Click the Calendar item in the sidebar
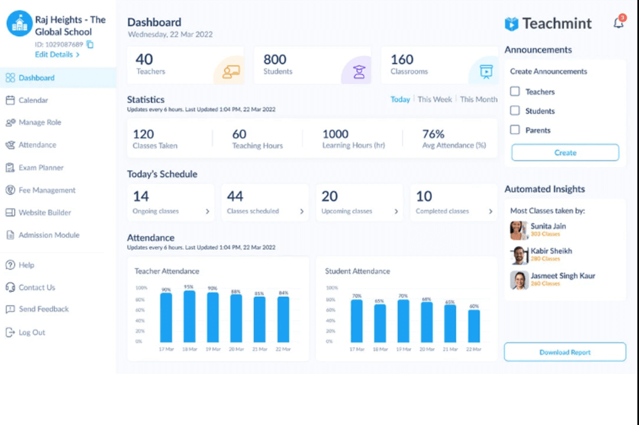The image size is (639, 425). click(33, 101)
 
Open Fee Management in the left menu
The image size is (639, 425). click(47, 191)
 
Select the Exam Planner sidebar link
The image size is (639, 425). click(41, 168)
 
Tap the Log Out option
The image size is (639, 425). click(31, 333)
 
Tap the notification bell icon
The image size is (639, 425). click(618, 24)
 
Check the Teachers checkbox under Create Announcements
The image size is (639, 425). click(515, 92)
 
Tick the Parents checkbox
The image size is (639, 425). click(515, 130)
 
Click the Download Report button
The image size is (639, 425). click(564, 352)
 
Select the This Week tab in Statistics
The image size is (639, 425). click(434, 99)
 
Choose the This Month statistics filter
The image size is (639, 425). click(479, 99)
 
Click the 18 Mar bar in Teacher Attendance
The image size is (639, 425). click(189, 317)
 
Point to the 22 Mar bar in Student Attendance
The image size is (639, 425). click(474, 326)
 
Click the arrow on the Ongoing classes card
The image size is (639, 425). click(207, 211)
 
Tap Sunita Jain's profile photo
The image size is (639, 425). click(519, 230)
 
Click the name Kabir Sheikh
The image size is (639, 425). click(551, 251)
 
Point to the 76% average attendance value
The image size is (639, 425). click(433, 134)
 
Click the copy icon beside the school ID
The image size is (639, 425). click(90, 44)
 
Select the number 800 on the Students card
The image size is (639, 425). click(275, 60)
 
